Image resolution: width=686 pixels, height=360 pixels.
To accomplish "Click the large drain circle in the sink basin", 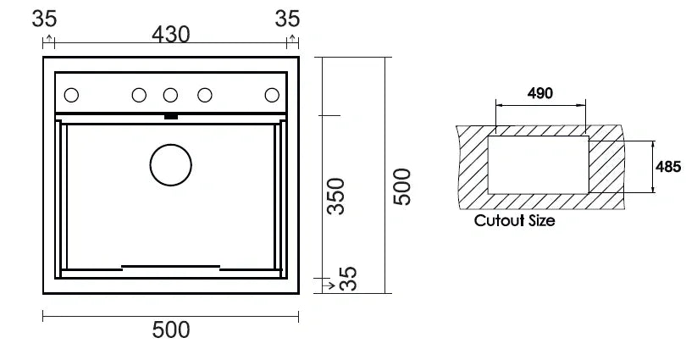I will click(171, 165).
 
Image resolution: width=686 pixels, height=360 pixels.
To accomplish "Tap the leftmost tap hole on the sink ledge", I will click(71, 95).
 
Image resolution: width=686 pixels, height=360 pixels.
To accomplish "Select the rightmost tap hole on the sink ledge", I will click(273, 95).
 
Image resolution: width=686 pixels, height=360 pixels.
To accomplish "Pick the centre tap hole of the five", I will click(170, 95).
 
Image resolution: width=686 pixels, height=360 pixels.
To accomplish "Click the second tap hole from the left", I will click(137, 95).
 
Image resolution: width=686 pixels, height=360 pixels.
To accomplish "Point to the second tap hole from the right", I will click(204, 95).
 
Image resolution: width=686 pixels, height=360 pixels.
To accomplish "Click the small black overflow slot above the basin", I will click(170, 115).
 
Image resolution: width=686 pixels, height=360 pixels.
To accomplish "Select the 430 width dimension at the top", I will click(170, 34).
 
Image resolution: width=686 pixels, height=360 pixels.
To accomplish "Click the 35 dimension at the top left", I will click(47, 19).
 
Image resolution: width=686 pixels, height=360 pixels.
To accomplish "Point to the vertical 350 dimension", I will click(336, 196).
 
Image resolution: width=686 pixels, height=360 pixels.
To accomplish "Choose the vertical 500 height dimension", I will click(403, 186).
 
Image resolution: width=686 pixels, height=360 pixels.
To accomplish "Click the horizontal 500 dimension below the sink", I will click(170, 330).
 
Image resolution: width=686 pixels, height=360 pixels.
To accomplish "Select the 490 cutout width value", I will click(539, 93).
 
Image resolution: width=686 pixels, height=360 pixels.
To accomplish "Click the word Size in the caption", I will click(540, 221).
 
